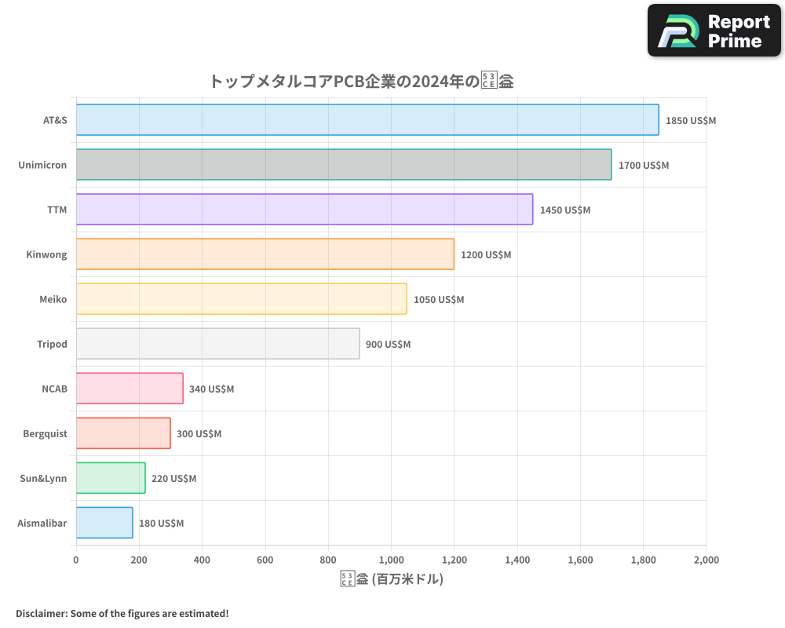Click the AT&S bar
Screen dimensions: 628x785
pyautogui.click(x=367, y=120)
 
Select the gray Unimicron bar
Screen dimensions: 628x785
pyautogui.click(x=344, y=165)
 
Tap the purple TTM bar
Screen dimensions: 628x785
pyautogui.click(x=305, y=210)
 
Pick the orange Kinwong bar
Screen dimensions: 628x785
pyautogui.click(x=265, y=254)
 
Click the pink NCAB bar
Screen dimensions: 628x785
pyautogui.click(x=130, y=389)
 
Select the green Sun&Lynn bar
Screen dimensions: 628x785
pyautogui.click(x=111, y=478)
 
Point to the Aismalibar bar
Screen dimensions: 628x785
pyautogui.click(x=104, y=523)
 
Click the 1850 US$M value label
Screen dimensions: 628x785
pyautogui.click(x=691, y=121)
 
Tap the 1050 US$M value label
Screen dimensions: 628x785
pyautogui.click(x=439, y=300)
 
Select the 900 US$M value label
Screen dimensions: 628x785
pyautogui.click(x=388, y=345)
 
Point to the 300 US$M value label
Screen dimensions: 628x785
pyautogui.click(x=199, y=434)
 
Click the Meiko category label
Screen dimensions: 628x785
pyautogui.click(x=53, y=299)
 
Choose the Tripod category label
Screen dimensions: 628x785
pyautogui.click(x=52, y=344)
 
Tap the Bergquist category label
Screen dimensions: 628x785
pyautogui.click(x=45, y=433)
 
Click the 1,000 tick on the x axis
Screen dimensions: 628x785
pyautogui.click(x=391, y=560)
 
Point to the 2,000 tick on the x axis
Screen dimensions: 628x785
pyautogui.click(x=706, y=560)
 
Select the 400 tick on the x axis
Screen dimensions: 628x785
pyautogui.click(x=202, y=560)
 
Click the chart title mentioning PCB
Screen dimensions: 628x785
pyautogui.click(x=361, y=81)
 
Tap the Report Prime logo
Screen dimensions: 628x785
pyautogui.click(x=714, y=31)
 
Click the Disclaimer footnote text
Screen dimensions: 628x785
pyautogui.click(x=122, y=613)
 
